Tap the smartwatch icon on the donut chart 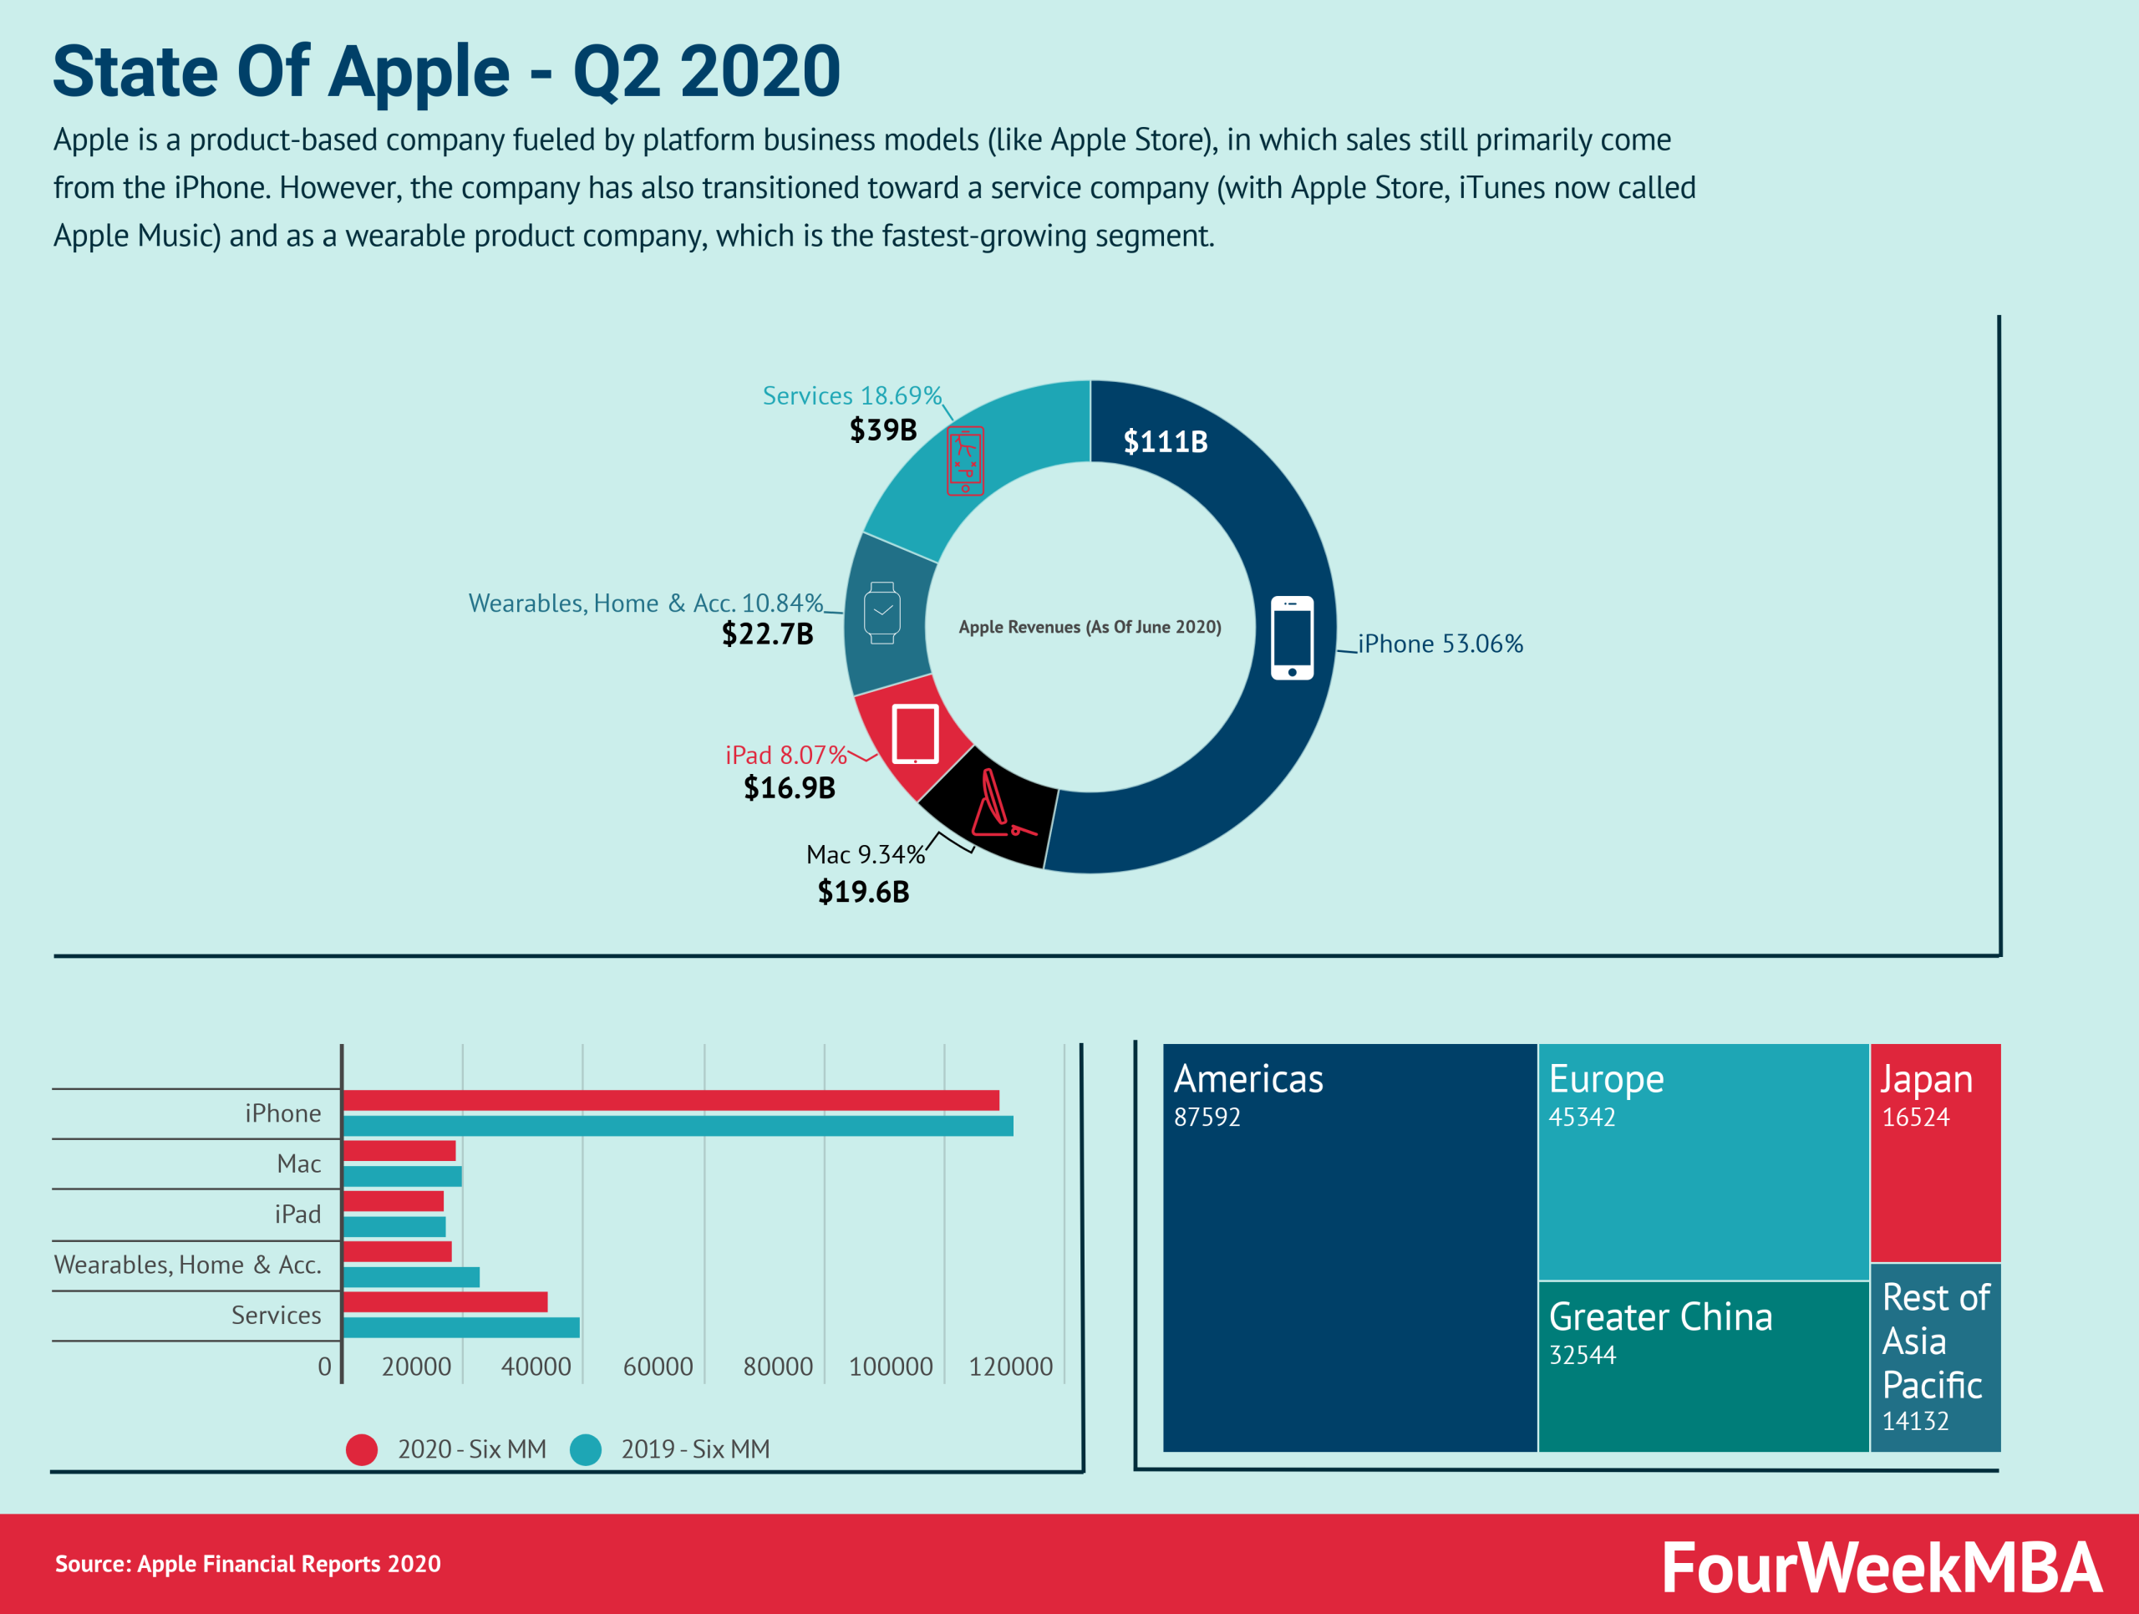[x=882, y=612]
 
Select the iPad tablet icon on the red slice [x=915, y=734]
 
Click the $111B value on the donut [x=1166, y=442]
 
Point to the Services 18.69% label [x=851, y=395]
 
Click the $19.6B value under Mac [x=863, y=892]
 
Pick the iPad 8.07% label [x=785, y=754]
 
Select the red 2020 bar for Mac [x=399, y=1151]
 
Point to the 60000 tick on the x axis [x=658, y=1367]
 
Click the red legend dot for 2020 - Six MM [x=362, y=1449]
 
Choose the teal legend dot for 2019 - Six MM [x=586, y=1449]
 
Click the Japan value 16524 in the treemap [x=1915, y=1118]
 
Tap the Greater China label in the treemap [x=1660, y=1317]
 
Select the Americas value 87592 [x=1207, y=1118]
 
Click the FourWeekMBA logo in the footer [x=1881, y=1567]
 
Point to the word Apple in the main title [x=419, y=72]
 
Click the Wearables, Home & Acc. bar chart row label [x=188, y=1265]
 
